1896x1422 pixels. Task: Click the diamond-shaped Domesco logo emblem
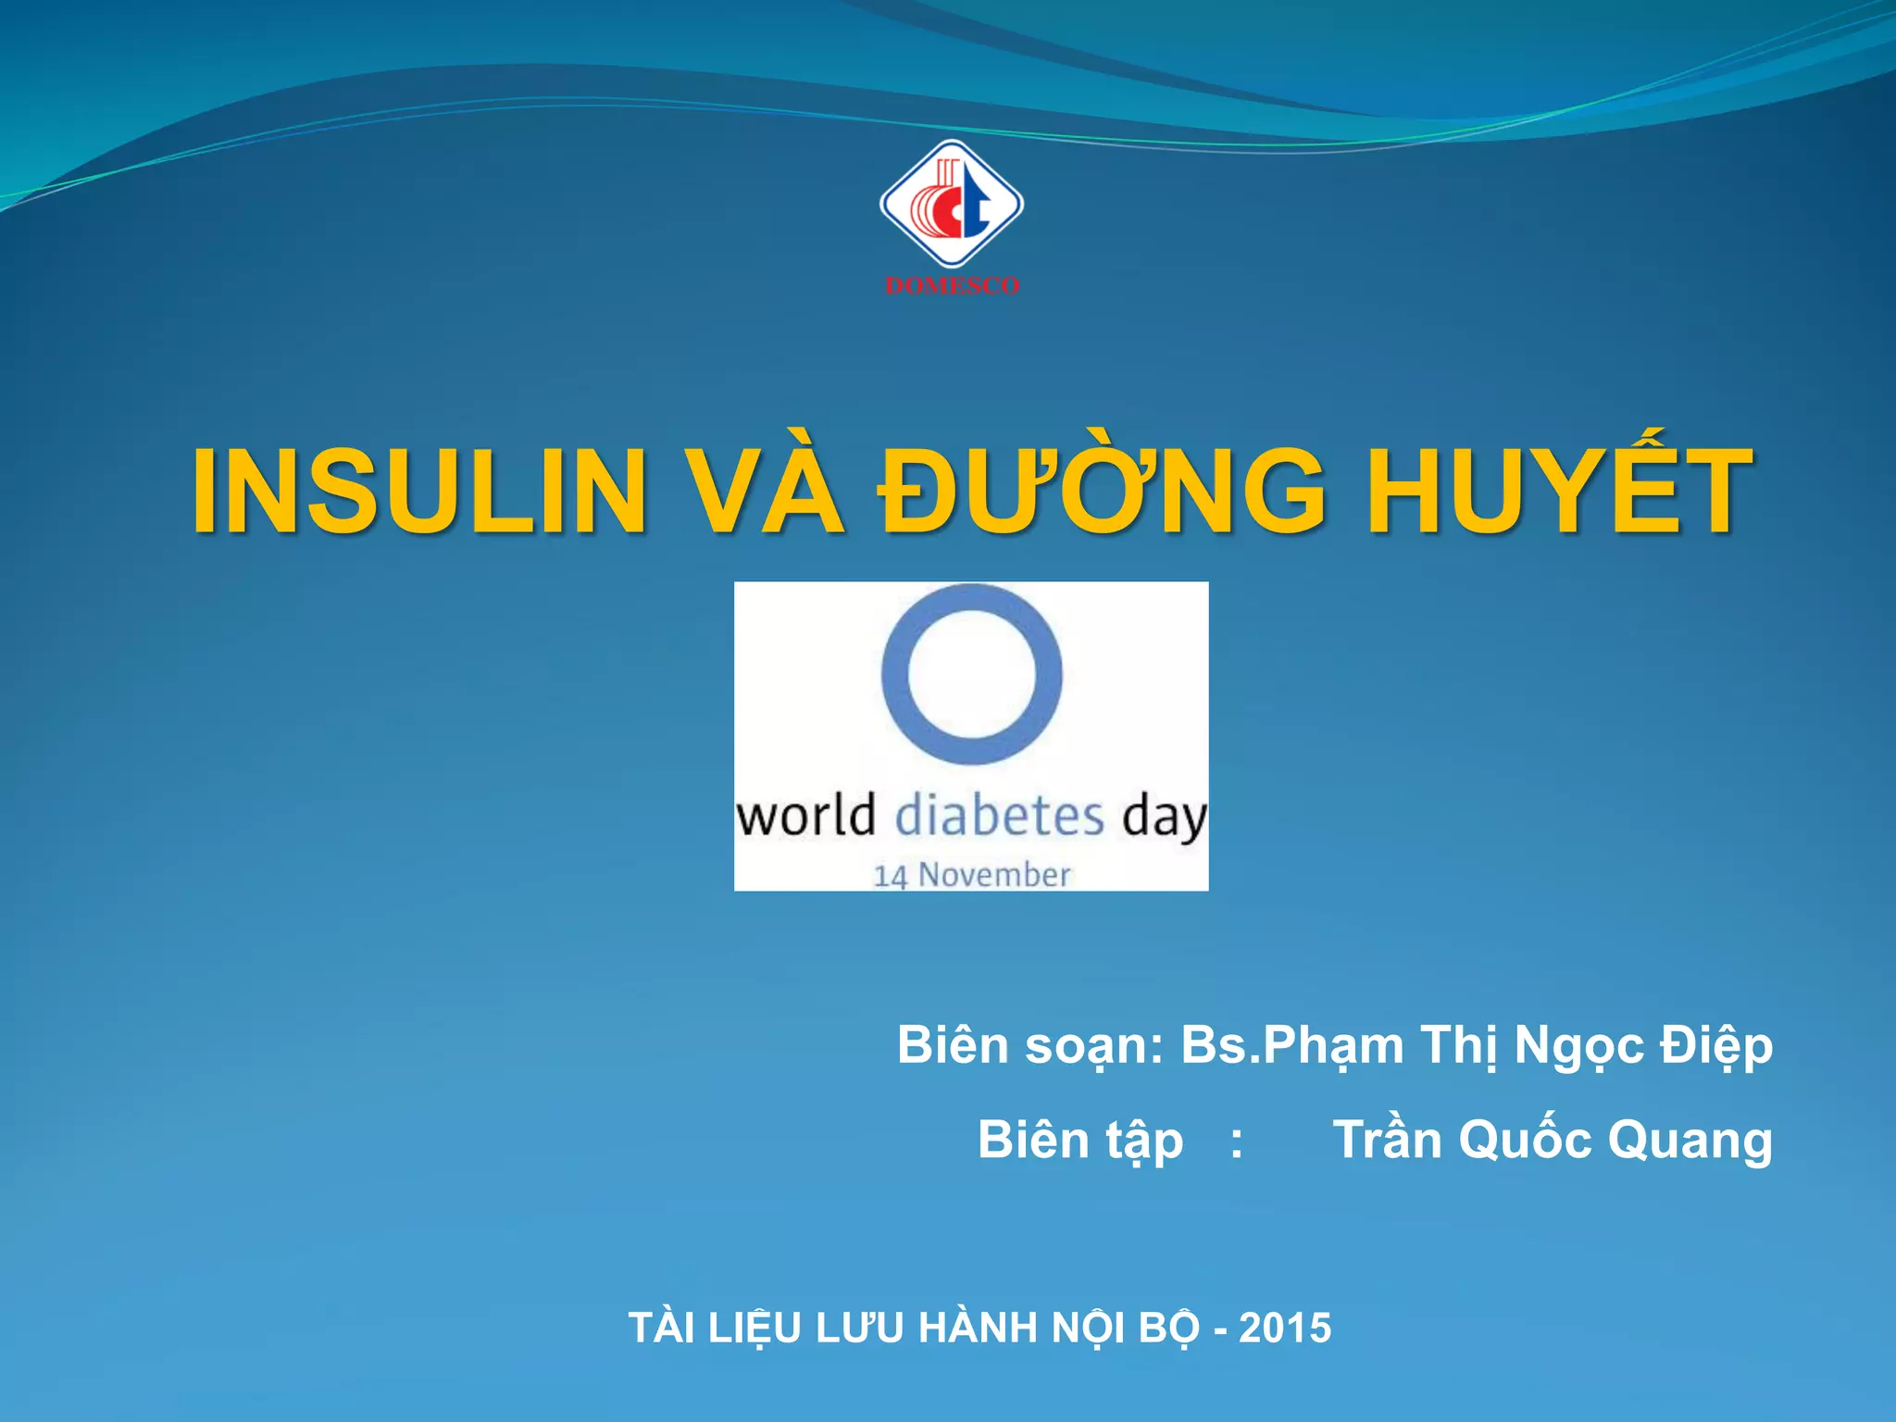(x=951, y=205)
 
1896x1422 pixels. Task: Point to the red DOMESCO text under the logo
(x=952, y=286)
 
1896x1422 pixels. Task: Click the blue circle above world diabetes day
(x=971, y=673)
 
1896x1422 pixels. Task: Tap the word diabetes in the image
(x=1000, y=817)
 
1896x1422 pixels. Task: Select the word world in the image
(x=805, y=817)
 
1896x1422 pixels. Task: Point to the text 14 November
(x=972, y=875)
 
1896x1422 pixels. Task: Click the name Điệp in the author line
(x=1715, y=1046)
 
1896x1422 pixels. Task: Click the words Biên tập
(x=1080, y=1140)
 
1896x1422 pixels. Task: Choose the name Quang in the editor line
(x=1690, y=1140)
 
